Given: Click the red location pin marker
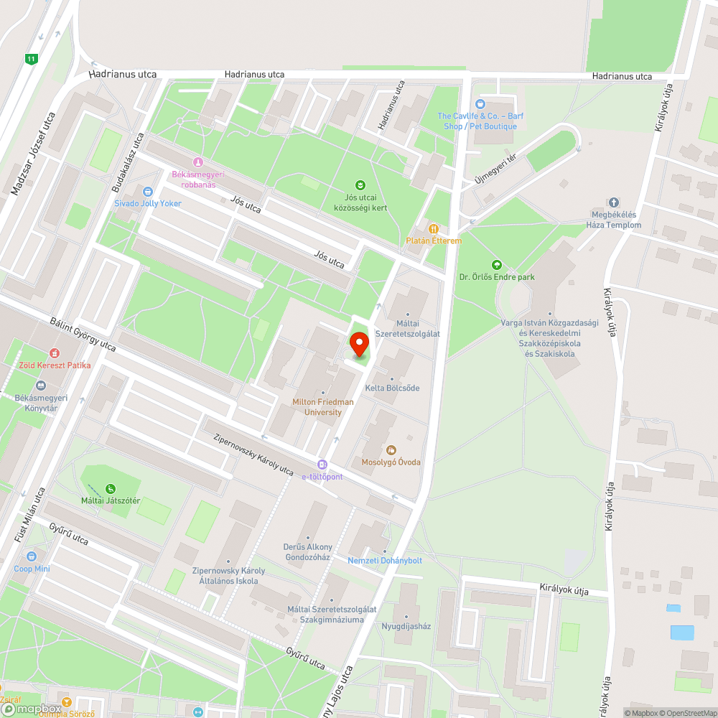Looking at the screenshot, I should point(359,344).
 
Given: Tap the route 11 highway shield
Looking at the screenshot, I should point(30,59).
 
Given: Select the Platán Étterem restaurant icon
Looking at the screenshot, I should point(433,228).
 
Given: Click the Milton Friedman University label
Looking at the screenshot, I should point(322,407).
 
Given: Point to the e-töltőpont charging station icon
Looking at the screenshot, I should point(322,465).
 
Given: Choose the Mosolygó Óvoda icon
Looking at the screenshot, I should point(391,450).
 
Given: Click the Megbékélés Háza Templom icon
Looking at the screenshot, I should point(614,203).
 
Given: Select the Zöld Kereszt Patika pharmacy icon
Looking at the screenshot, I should point(54,353).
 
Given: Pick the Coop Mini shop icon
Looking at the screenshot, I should point(32,556).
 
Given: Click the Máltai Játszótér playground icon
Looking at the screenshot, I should point(110,489).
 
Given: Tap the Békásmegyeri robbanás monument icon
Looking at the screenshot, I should point(198,162).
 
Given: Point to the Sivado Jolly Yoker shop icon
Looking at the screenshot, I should point(148,192).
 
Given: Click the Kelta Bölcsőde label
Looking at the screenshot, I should point(392,388).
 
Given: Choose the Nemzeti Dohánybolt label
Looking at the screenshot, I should point(385,560).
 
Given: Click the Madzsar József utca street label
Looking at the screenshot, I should point(33,154).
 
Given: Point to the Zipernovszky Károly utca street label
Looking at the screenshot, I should point(253,454).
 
